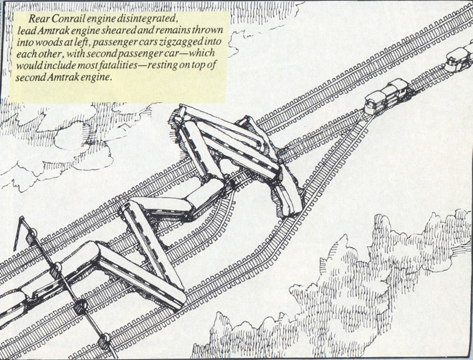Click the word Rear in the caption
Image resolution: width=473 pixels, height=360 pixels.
[39, 19]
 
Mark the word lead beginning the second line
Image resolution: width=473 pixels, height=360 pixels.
[25, 30]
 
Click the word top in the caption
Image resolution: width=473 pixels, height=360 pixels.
[200, 65]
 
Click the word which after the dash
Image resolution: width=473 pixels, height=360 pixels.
[200, 53]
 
